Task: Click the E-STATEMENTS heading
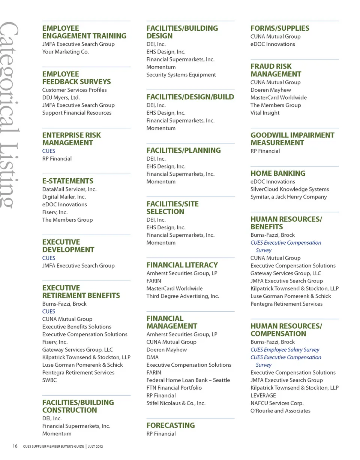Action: (x=68, y=181)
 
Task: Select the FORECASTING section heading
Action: (x=171, y=425)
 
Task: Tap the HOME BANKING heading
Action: (x=278, y=173)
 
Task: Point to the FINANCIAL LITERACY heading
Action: (x=182, y=265)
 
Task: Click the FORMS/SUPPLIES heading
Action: (x=280, y=28)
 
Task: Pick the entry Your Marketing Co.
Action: (x=66, y=52)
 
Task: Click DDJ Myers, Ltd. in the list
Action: (x=61, y=97)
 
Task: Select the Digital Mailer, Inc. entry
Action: (x=64, y=197)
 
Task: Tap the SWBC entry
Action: (x=49, y=380)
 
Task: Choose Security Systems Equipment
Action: (x=181, y=75)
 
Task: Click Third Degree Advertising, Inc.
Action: (x=183, y=296)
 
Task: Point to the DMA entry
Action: (x=152, y=357)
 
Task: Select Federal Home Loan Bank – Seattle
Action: (x=188, y=380)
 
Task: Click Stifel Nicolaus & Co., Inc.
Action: (x=176, y=403)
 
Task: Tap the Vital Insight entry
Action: (x=265, y=113)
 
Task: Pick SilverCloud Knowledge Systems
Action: (x=289, y=189)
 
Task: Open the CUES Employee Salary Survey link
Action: (x=285, y=349)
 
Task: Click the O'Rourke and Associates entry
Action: (x=280, y=411)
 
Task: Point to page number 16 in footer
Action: (x=15, y=446)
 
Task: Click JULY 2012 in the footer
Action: (x=96, y=447)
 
